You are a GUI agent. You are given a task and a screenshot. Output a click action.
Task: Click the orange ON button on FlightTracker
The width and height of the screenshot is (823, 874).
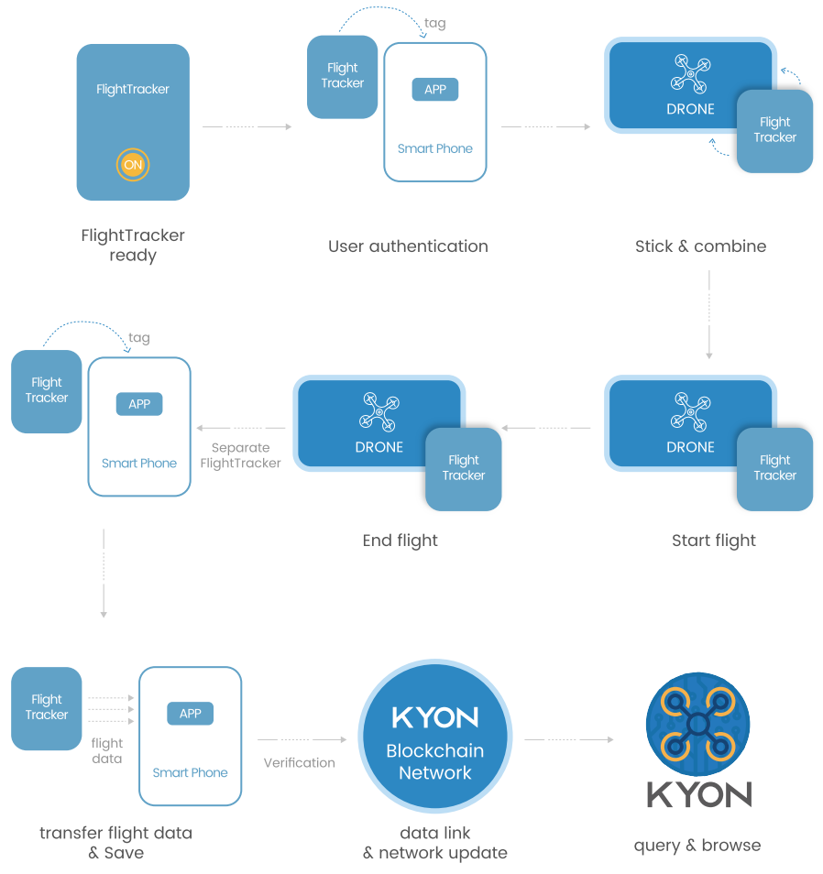(133, 166)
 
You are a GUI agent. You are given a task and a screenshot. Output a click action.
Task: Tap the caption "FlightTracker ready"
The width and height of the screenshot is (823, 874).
(133, 246)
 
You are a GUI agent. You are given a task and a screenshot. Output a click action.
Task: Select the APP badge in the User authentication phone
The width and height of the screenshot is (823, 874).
(434, 90)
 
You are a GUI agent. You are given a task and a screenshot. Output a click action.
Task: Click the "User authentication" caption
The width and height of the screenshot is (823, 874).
(408, 246)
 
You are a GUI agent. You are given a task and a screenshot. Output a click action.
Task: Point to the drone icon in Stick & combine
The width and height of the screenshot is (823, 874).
(690, 74)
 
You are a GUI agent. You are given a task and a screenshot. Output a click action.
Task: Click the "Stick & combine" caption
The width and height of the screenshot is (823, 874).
(700, 246)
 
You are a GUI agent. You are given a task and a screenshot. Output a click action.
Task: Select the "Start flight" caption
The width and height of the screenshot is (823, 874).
(713, 541)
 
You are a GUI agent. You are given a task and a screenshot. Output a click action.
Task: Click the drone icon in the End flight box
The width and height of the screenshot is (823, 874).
(379, 412)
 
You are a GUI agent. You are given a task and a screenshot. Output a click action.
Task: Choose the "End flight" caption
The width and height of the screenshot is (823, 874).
(400, 541)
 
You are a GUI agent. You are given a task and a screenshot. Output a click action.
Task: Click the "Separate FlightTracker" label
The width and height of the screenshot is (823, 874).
(240, 455)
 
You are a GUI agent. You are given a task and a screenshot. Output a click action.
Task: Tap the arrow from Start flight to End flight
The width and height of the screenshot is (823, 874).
(546, 428)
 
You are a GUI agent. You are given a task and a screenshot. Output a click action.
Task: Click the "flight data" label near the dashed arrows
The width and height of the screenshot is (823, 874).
(107, 750)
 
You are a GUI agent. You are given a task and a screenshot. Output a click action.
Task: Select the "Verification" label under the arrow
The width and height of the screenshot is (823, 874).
(299, 762)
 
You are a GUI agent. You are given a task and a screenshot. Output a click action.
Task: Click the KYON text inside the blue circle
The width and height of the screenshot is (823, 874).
(434, 717)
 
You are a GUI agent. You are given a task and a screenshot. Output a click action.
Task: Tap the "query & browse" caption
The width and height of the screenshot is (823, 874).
(697, 845)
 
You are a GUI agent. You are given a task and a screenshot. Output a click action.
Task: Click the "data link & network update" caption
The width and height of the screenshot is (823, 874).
(434, 843)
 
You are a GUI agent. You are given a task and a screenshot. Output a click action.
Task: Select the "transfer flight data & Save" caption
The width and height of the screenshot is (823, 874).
(115, 843)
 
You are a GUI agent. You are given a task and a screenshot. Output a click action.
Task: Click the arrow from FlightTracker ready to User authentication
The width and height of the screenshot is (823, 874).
(247, 126)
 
